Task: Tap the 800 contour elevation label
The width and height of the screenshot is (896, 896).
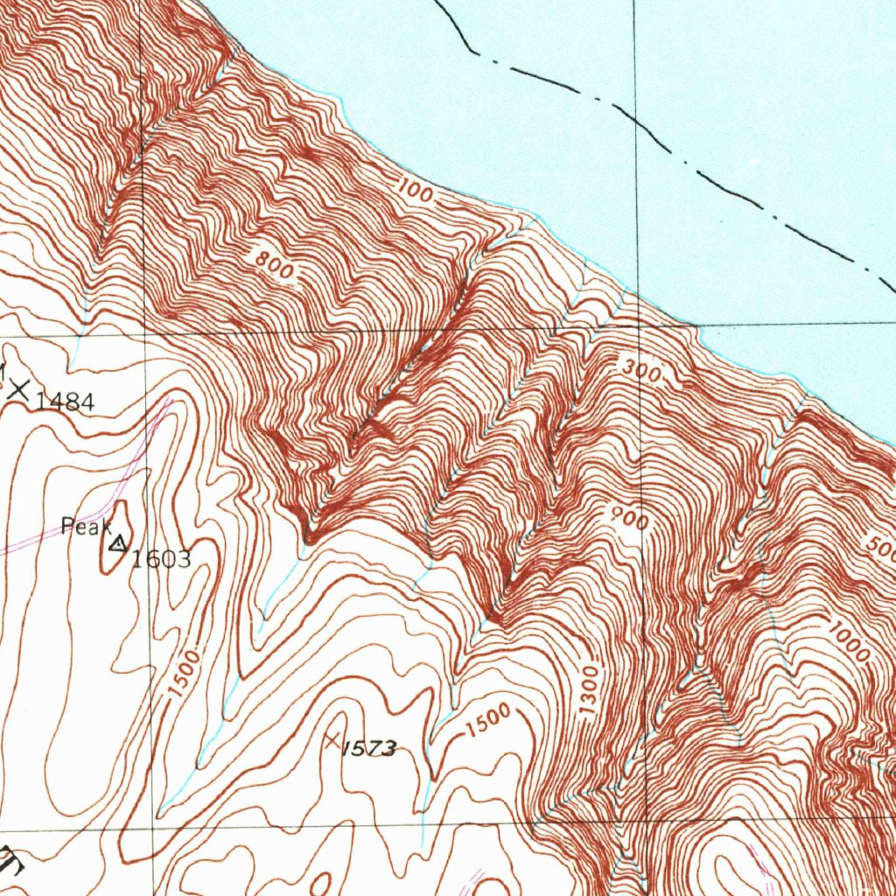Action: (x=276, y=265)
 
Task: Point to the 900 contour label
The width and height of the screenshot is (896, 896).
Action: (x=630, y=520)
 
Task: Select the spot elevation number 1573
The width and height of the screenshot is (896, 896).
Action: (x=368, y=748)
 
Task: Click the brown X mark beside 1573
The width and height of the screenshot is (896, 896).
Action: (x=332, y=740)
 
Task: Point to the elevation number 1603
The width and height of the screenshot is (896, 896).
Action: (x=161, y=560)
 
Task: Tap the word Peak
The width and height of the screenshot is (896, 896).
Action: (x=86, y=526)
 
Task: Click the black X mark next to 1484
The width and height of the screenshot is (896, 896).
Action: (x=19, y=390)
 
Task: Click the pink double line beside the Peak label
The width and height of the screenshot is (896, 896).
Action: (x=52, y=535)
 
